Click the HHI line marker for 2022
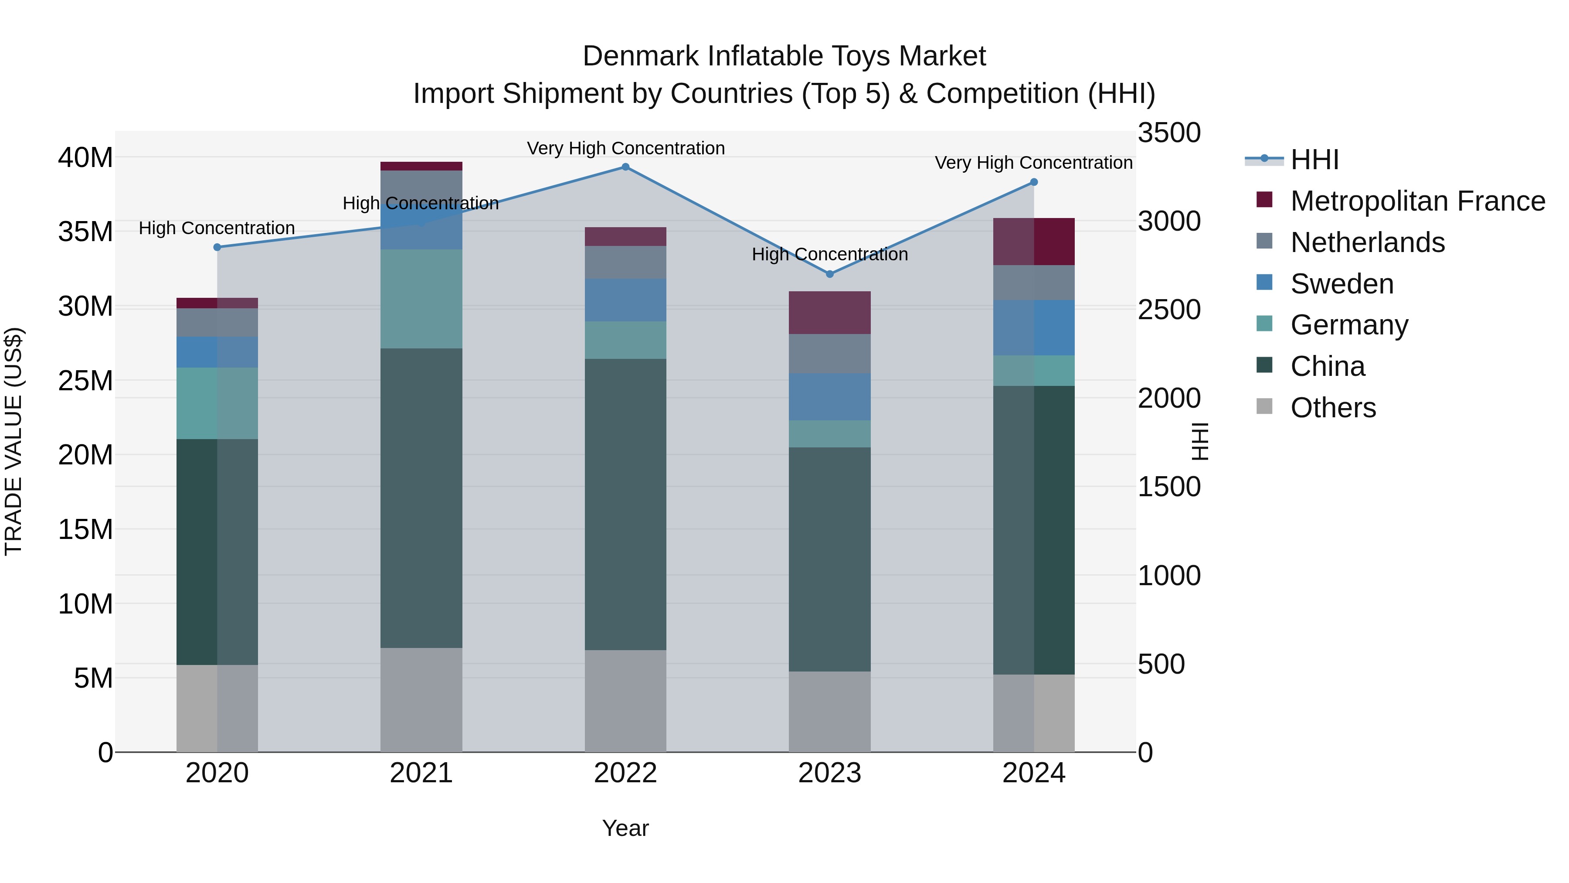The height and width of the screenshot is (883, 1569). click(625, 167)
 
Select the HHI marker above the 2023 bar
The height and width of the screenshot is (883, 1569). click(829, 274)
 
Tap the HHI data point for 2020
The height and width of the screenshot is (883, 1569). click(217, 247)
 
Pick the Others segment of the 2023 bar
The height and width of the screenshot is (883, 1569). click(829, 711)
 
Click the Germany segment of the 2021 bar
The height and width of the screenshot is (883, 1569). click(421, 299)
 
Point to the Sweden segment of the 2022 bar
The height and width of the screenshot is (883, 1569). click(625, 300)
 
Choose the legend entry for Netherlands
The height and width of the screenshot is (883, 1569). click(1367, 242)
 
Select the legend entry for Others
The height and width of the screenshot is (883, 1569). click(1333, 408)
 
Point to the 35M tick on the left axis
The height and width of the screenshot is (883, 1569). click(85, 232)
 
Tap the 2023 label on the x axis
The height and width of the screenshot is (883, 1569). click(829, 773)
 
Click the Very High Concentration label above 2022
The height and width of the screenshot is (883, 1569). click(625, 148)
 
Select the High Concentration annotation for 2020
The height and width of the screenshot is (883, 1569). click(217, 228)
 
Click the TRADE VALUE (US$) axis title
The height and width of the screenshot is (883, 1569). click(14, 441)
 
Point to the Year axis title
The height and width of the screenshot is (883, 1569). click(625, 828)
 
